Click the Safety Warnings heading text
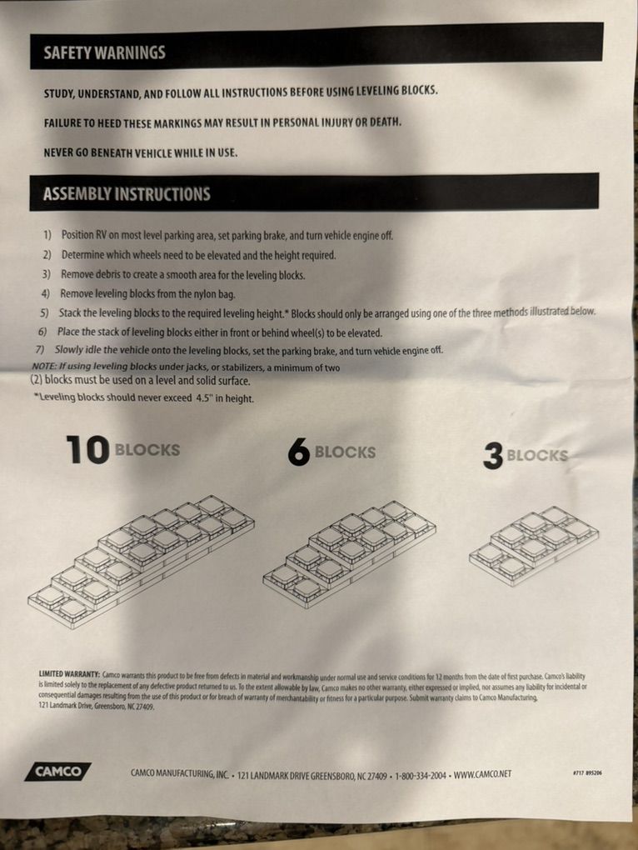point(104,52)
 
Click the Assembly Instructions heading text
point(127,193)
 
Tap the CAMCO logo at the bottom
point(58,772)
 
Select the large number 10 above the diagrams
point(87,450)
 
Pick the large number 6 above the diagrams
point(299,452)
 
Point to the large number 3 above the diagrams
point(493,456)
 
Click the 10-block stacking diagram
point(141,561)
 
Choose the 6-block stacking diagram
point(349,554)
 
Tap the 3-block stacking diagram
point(534,546)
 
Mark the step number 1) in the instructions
point(47,235)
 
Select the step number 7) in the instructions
point(39,350)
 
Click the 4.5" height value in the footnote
point(204,397)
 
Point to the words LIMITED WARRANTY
point(69,674)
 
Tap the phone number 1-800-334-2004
point(421,775)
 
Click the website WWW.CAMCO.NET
point(482,774)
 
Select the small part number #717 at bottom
point(578,773)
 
